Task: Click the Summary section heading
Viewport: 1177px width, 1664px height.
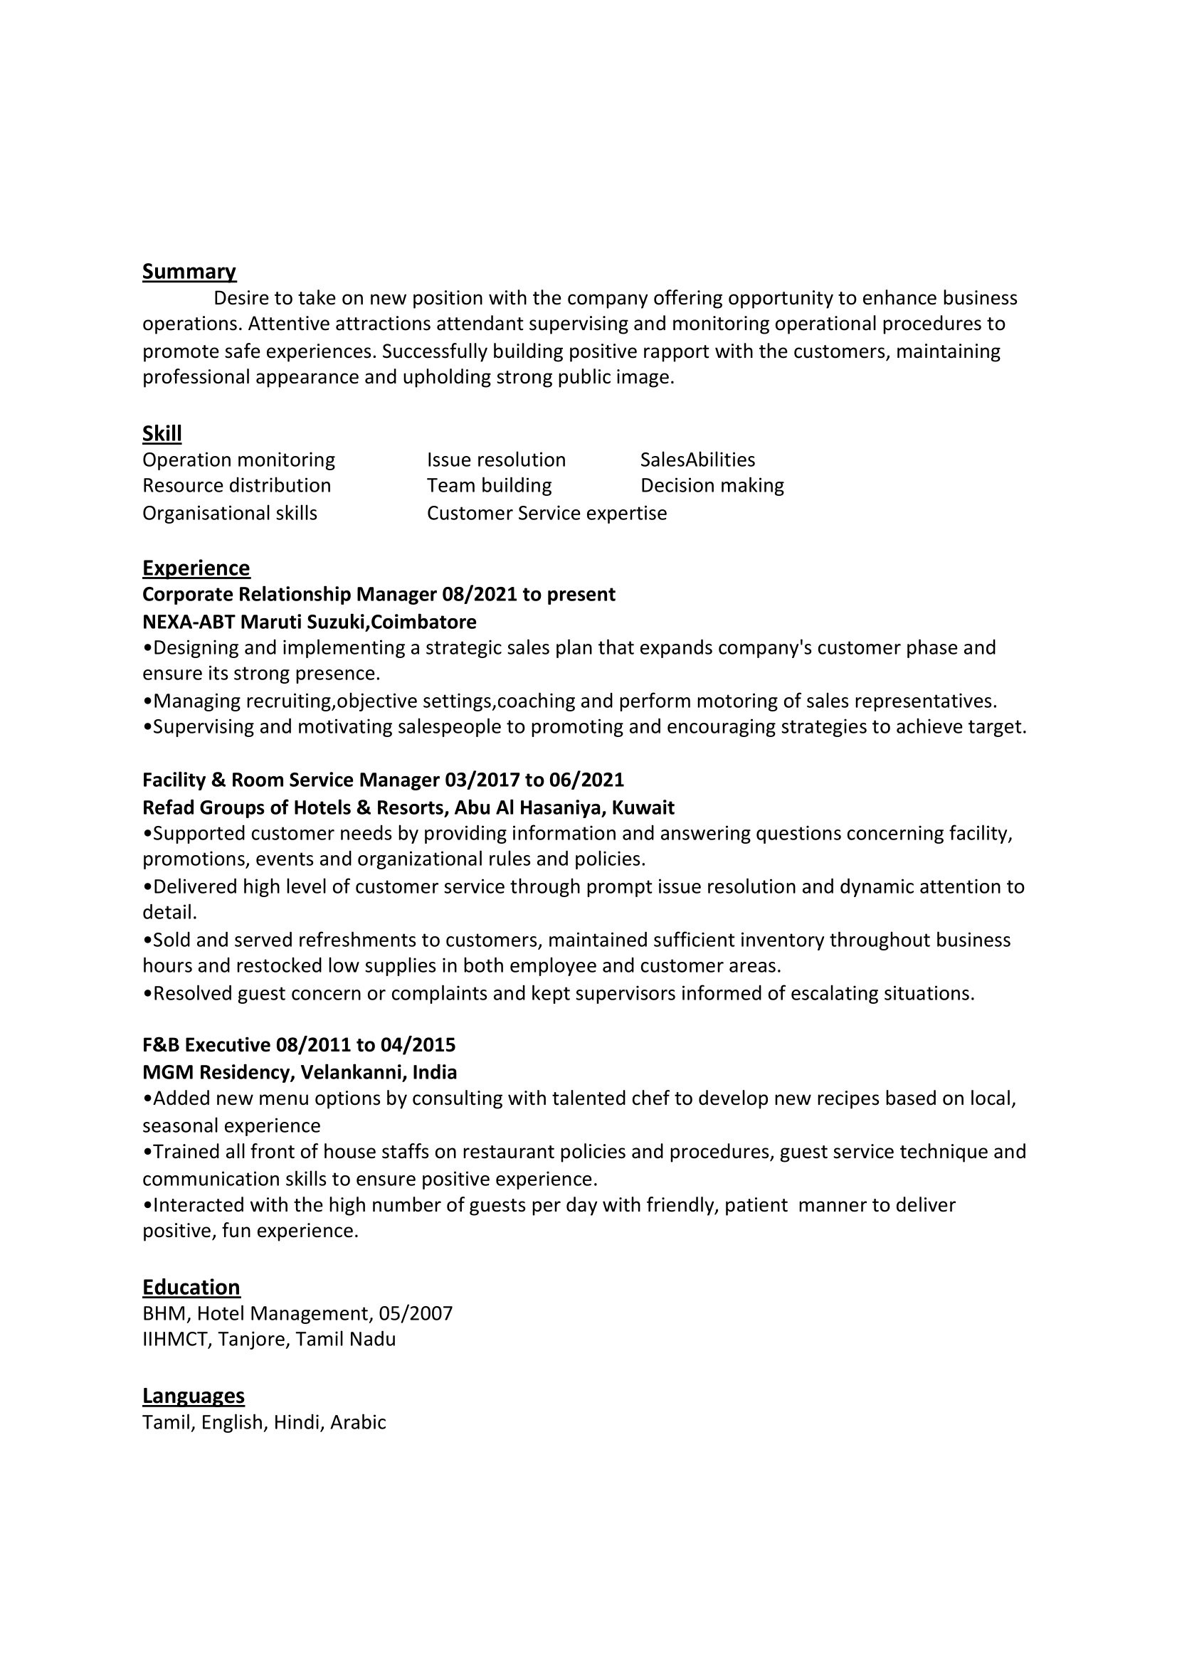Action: [189, 271]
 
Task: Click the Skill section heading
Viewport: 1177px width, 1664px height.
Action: [162, 433]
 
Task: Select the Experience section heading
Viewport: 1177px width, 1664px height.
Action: [196, 568]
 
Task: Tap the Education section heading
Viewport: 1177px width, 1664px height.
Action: [191, 1287]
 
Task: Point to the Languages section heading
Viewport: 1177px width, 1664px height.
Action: [193, 1396]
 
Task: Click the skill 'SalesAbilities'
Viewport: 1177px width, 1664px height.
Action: [697, 460]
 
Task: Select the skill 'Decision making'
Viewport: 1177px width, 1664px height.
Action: [712, 486]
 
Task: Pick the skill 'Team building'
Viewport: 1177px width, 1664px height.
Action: [489, 486]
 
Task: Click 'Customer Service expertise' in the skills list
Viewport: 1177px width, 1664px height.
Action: [547, 513]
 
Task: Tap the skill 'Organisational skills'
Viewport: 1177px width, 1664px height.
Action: [230, 513]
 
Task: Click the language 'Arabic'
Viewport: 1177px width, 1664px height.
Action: [358, 1422]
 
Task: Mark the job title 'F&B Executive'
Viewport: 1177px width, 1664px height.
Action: [206, 1044]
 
